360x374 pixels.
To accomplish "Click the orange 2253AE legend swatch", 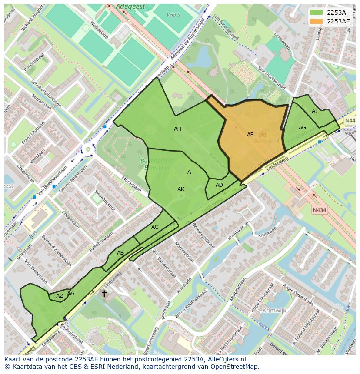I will [x=317, y=21].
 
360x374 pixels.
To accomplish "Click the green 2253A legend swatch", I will [x=317, y=12].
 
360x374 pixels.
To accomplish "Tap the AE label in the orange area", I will [x=250, y=135].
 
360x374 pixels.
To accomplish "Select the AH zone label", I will [x=177, y=129].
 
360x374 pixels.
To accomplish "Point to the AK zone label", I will [x=181, y=189].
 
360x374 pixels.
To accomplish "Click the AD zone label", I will [x=219, y=185].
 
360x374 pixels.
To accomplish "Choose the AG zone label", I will [x=302, y=128].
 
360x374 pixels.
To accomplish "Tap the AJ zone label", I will [x=314, y=112].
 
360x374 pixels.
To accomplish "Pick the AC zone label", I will [x=155, y=227].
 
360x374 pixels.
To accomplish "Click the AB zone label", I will [x=120, y=253].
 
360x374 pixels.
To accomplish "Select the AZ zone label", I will [x=60, y=296].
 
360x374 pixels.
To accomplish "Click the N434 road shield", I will [x=319, y=210].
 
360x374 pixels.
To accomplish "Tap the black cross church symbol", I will [x=104, y=294].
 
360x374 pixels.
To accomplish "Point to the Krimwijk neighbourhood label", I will [x=274, y=311].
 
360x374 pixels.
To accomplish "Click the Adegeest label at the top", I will [x=130, y=7].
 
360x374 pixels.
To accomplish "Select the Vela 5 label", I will [x=173, y=15].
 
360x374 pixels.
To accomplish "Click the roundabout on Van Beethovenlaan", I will [x=88, y=149].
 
